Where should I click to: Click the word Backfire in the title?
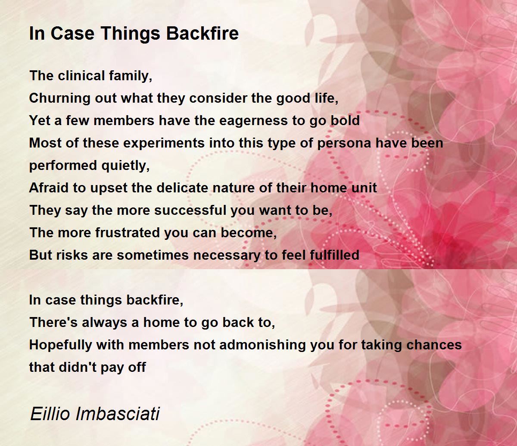point(202,33)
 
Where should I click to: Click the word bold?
point(345,120)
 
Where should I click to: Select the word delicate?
point(182,188)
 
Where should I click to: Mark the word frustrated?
point(128,232)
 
